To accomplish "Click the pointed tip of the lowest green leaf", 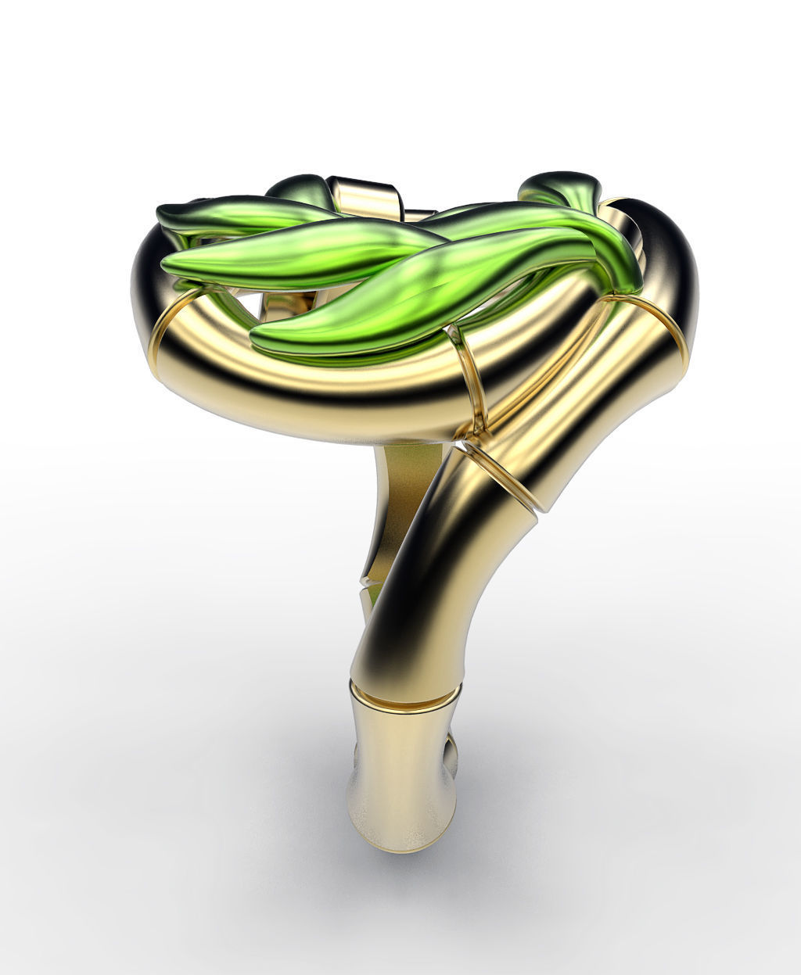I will [254, 339].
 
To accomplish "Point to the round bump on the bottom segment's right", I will [451, 752].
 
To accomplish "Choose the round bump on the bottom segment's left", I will [357, 755].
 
